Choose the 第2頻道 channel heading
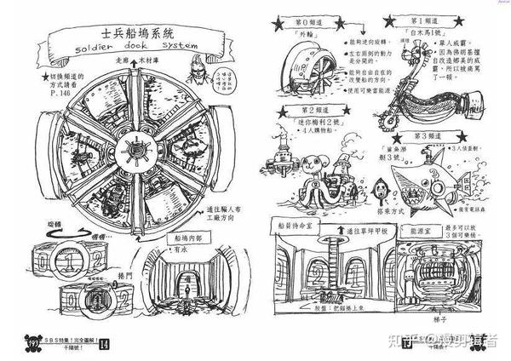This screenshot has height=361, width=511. (316, 111)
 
